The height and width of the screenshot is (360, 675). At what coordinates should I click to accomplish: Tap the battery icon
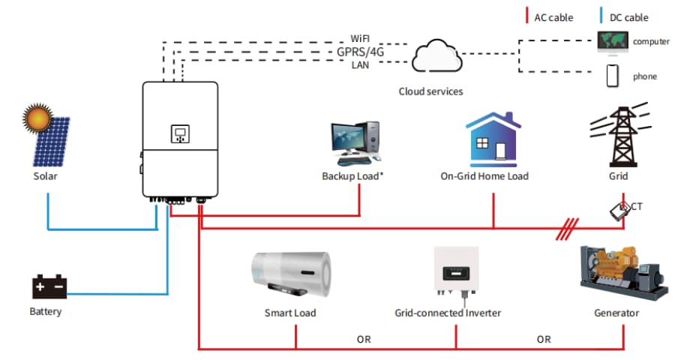49,286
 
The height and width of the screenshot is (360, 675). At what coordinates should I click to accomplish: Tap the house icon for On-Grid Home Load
493,140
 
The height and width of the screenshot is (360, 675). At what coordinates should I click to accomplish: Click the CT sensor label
635,206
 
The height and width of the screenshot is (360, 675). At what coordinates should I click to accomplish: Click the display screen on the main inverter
180,134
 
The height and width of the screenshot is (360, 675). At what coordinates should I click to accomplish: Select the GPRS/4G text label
359,52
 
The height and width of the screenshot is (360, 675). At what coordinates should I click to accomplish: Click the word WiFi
360,38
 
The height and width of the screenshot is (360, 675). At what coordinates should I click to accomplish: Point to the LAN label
360,65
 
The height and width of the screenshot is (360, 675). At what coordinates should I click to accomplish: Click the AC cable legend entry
553,17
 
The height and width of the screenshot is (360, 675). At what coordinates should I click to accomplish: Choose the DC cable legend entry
626,17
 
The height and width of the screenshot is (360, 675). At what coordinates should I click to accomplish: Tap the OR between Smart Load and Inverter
364,339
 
